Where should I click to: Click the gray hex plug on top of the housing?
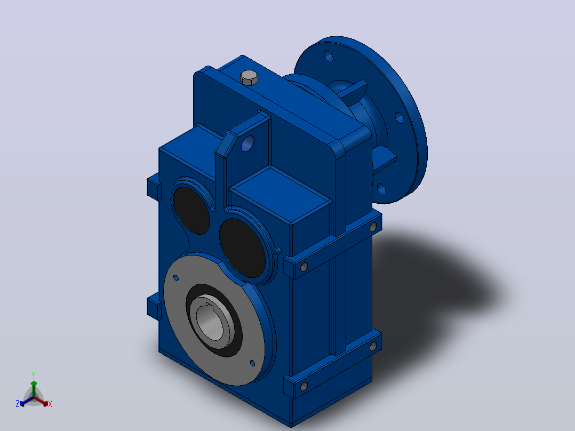coord(249,78)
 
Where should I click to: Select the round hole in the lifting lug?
coord(248,143)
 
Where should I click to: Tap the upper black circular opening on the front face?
coord(191,210)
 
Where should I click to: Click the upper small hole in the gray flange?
coord(176,278)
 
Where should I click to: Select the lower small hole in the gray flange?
coord(252,363)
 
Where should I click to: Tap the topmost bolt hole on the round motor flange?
coord(329,56)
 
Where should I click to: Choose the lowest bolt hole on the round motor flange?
coord(381,189)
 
